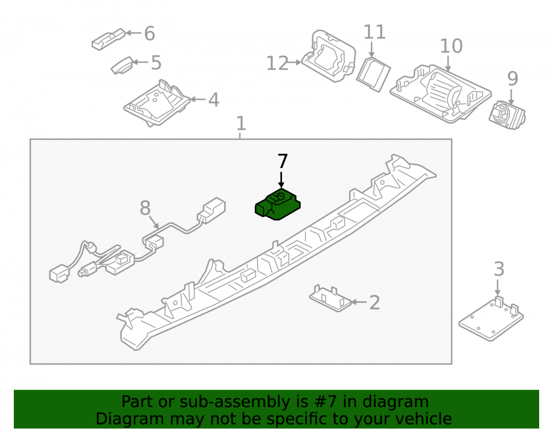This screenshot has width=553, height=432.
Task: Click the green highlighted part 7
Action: [x=278, y=205]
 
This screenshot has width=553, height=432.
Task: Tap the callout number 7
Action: [x=283, y=162]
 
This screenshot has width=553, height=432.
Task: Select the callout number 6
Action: [x=149, y=34]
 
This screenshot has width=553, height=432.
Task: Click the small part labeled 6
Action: [x=108, y=39]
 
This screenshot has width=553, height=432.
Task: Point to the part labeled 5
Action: [x=122, y=66]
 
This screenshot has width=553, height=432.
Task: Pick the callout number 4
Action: [x=213, y=100]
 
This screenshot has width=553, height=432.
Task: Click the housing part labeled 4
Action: [x=157, y=103]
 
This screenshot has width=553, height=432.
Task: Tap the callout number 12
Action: [x=277, y=64]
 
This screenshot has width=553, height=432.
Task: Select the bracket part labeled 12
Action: [x=328, y=56]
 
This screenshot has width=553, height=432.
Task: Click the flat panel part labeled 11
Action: [x=373, y=75]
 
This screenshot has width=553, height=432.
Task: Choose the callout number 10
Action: [x=451, y=46]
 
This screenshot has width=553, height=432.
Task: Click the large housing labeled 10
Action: [x=440, y=93]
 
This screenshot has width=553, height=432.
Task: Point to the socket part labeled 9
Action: [x=507, y=114]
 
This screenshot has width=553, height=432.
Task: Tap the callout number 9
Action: [x=513, y=79]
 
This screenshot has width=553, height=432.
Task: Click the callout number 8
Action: [x=145, y=208]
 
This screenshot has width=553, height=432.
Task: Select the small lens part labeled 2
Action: [x=331, y=298]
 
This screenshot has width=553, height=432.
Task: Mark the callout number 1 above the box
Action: [x=241, y=124]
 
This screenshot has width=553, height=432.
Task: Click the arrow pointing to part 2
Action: [x=359, y=302]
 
